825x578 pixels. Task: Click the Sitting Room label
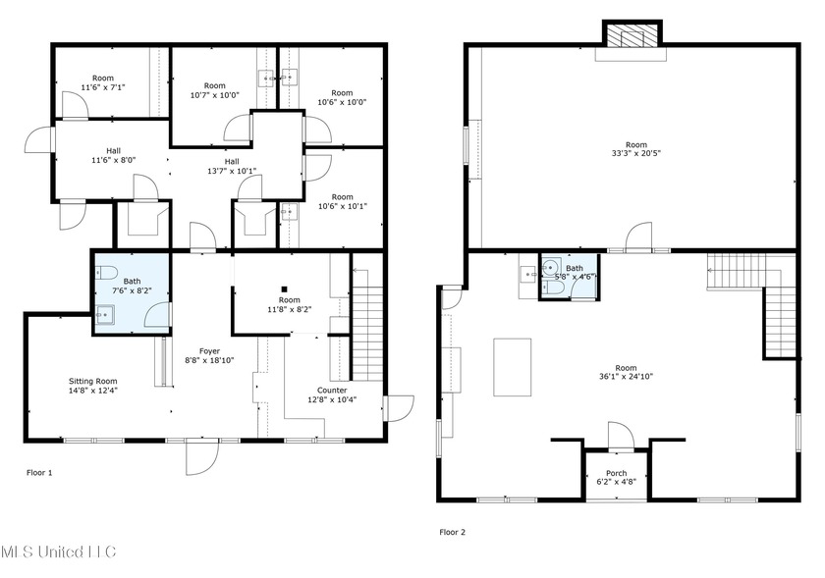click(93, 381)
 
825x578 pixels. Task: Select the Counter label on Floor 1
click(332, 390)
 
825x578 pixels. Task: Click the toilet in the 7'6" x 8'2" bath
click(108, 273)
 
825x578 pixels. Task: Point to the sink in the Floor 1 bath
click(104, 315)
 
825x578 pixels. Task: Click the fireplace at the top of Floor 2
click(632, 35)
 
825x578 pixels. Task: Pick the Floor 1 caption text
click(39, 472)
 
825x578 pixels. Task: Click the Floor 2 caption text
click(452, 532)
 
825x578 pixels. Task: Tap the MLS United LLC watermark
click(58, 552)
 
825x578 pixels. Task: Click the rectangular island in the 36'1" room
click(513, 367)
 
